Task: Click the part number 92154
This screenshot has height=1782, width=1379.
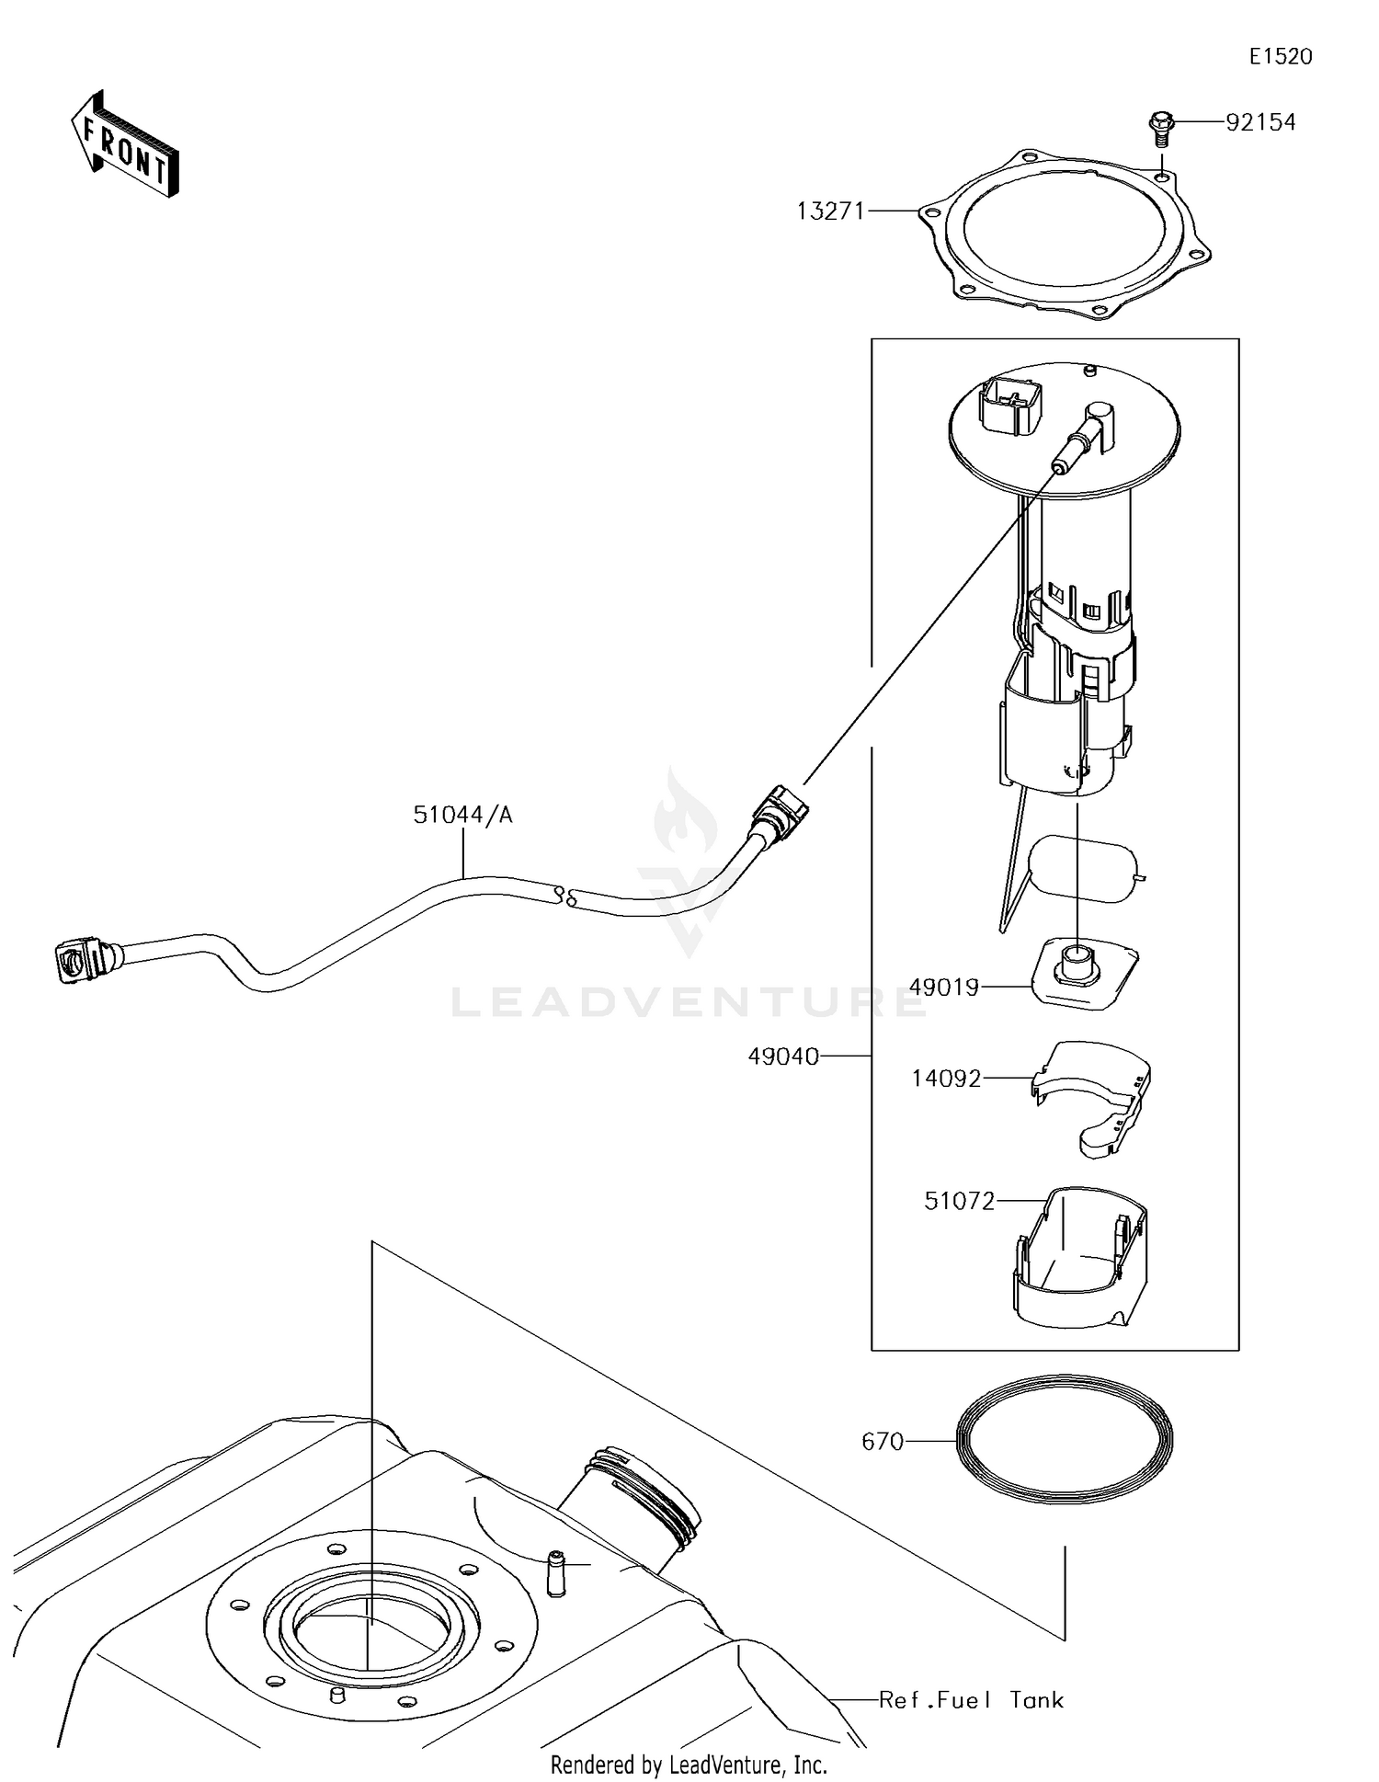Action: point(1259,122)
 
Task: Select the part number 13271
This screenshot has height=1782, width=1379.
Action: point(830,211)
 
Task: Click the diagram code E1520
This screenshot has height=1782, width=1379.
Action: point(1280,57)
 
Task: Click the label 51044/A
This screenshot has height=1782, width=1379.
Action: point(462,815)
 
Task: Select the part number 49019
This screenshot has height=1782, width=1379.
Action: point(943,987)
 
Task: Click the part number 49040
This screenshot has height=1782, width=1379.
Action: point(783,1057)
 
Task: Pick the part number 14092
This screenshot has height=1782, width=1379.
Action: point(946,1078)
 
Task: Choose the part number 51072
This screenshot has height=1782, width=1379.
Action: point(959,1201)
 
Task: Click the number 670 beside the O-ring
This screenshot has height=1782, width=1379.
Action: point(883,1442)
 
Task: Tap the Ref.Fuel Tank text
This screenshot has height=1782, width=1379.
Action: point(971,1700)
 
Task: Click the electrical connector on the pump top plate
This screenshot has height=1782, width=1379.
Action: point(1011,405)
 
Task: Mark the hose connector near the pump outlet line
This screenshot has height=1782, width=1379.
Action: point(780,809)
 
